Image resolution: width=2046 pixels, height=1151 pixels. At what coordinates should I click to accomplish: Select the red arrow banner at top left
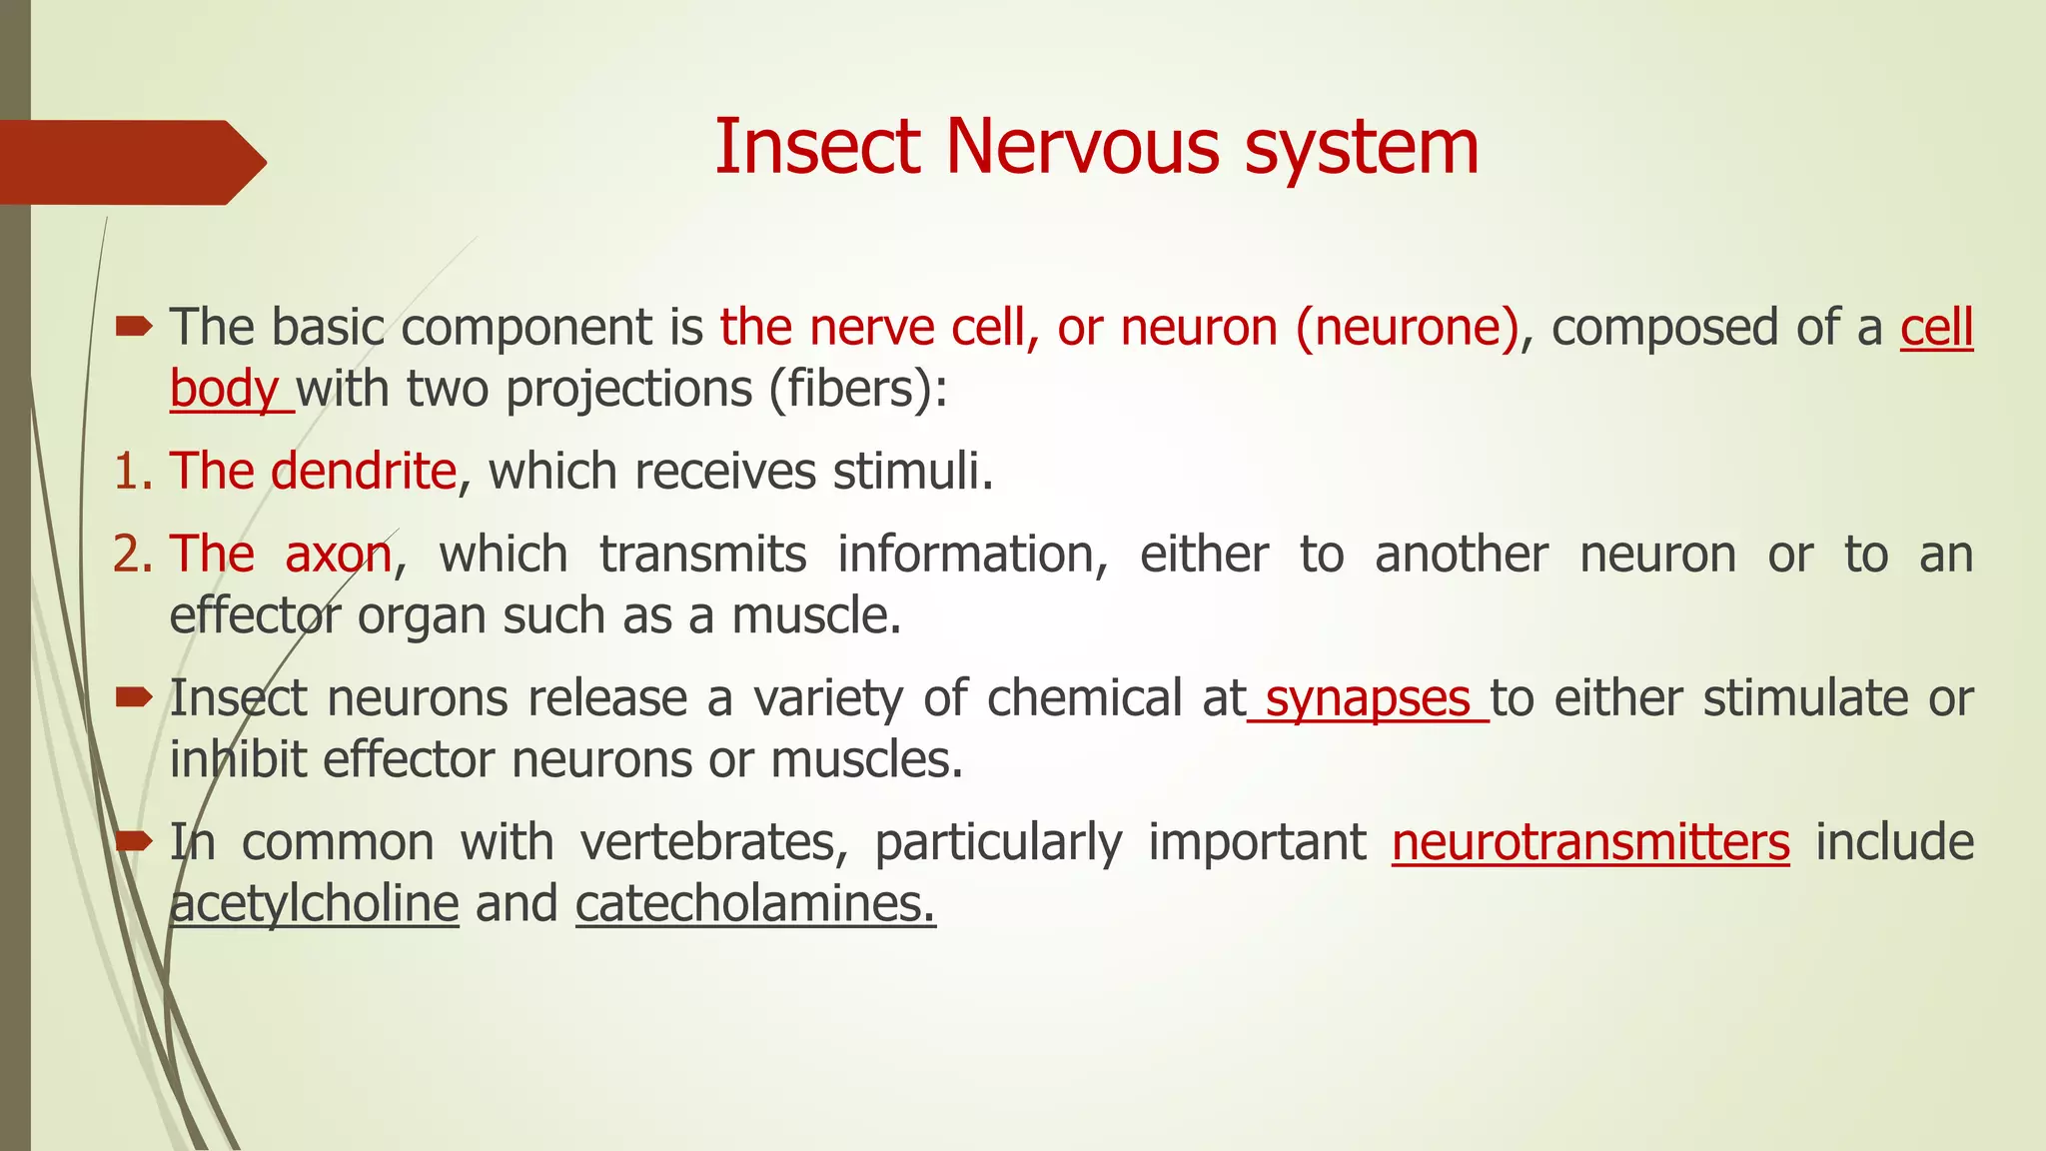[130, 162]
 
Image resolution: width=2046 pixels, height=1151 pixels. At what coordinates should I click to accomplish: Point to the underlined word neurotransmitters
[1590, 842]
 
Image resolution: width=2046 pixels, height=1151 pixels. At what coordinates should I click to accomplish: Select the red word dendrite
[363, 471]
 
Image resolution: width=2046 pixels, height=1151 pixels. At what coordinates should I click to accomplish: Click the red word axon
[339, 555]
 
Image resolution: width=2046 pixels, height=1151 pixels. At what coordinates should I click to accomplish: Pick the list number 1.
[130, 472]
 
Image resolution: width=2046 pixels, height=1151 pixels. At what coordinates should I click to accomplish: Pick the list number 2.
[130, 555]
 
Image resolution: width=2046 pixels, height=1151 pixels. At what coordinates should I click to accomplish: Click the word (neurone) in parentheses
[1408, 328]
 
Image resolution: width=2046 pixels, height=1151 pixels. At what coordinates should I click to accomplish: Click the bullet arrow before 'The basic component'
[133, 326]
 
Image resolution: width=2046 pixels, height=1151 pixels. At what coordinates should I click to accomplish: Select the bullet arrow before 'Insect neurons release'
[133, 696]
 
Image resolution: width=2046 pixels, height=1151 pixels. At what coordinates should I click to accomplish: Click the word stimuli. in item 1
[913, 472]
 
